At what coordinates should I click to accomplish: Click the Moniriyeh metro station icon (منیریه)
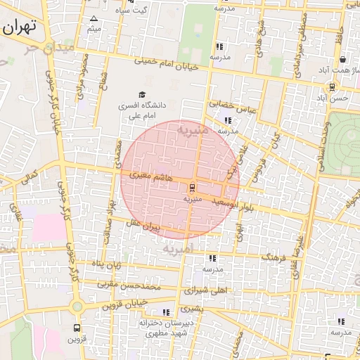coord(192,188)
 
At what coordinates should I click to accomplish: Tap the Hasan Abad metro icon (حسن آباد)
coord(331,87)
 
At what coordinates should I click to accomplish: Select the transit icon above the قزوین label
coord(77,328)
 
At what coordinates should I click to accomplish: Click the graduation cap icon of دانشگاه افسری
coord(142,94)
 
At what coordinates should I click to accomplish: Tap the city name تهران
coord(20,29)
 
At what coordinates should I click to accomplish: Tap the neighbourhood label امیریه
coord(176,249)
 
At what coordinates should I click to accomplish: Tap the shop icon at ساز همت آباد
coord(342,60)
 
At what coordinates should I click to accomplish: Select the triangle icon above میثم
coord(94,18)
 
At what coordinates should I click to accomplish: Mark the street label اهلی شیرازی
coord(206,289)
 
